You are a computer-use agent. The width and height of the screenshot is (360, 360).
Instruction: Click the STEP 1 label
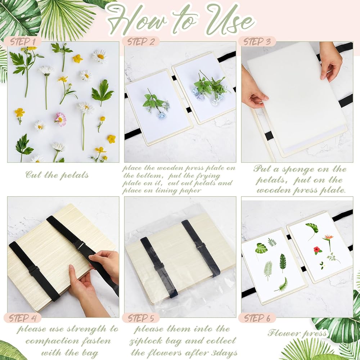23,42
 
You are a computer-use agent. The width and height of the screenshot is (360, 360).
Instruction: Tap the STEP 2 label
141,42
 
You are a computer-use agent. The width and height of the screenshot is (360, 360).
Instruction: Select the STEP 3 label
257,42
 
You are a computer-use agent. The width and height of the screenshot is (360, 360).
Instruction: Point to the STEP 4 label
23,318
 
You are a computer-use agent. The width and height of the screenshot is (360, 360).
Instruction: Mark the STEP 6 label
257,318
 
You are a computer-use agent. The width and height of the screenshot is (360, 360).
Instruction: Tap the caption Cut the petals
57,175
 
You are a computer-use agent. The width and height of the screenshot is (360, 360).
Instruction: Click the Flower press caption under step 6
297,333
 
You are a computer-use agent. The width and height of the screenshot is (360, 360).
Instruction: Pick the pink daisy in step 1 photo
60,119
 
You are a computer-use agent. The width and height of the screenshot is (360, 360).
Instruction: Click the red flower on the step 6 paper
317,250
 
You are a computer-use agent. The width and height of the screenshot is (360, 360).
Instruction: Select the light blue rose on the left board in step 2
162,115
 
